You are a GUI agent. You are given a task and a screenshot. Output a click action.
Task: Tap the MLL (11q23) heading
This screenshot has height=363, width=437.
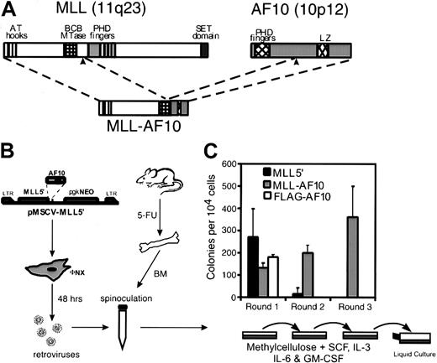click(x=84, y=12)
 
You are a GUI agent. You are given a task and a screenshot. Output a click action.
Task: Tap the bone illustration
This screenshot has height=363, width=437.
click(x=164, y=236)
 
